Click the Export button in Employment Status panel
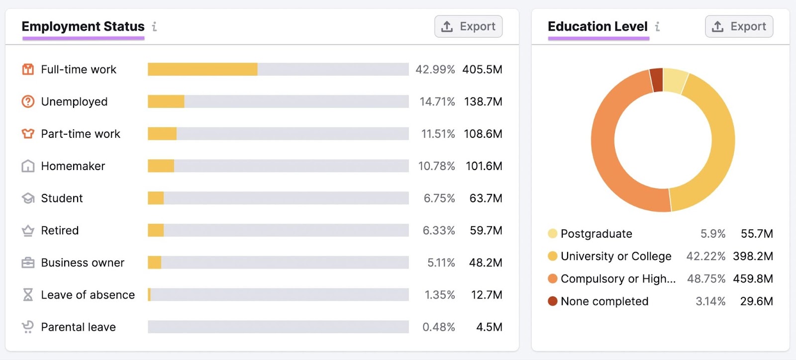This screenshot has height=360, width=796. (x=468, y=26)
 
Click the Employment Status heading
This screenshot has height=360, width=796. (x=83, y=26)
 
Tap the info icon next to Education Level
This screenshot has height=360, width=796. (x=657, y=26)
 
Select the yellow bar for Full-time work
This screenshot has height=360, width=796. (x=202, y=69)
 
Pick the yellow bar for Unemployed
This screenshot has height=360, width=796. (x=166, y=101)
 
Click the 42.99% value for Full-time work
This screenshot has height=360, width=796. (x=435, y=69)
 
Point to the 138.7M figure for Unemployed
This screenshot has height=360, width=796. (x=483, y=101)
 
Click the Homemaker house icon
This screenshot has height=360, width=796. (x=28, y=166)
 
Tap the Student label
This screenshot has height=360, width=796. (x=62, y=198)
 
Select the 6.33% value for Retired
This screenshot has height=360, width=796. (x=438, y=230)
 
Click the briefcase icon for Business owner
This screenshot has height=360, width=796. (x=28, y=263)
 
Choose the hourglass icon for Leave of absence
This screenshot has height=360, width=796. (x=28, y=295)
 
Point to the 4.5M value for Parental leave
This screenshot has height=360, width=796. (x=489, y=327)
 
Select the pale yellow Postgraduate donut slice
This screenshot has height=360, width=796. (x=675, y=81)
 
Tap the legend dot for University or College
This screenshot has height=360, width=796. (x=552, y=256)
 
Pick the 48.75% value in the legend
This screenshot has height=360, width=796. (x=705, y=278)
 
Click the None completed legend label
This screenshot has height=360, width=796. (x=604, y=301)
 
